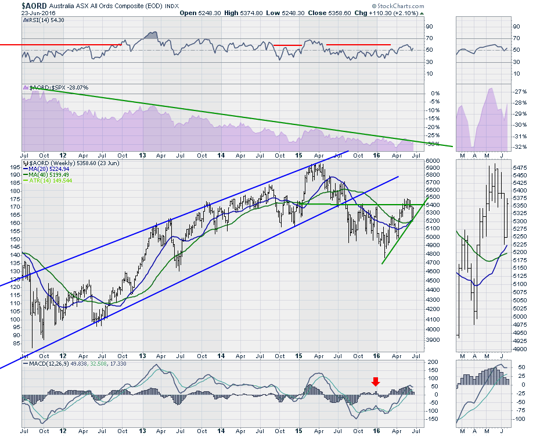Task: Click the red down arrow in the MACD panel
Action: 376,381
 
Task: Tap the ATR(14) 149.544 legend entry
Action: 54,180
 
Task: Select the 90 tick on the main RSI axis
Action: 430,27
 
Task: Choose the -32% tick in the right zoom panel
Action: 521,147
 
